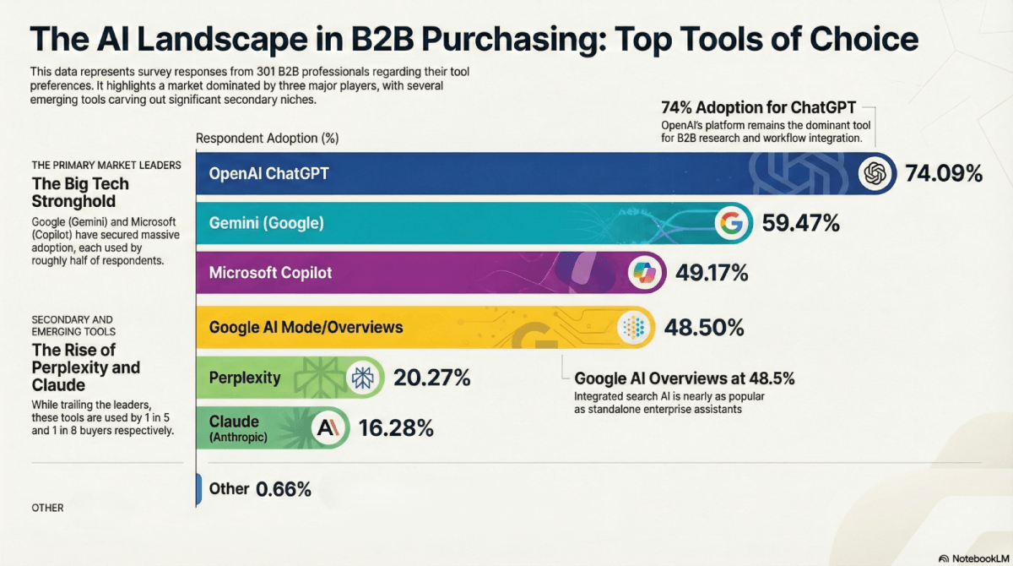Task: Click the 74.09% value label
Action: click(x=944, y=174)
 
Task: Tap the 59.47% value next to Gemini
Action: click(x=800, y=224)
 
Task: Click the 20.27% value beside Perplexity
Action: click(x=431, y=378)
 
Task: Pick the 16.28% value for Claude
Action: click(x=396, y=427)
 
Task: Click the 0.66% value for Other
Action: click(x=284, y=489)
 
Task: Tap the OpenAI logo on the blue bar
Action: click(x=875, y=174)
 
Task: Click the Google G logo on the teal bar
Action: click(x=732, y=224)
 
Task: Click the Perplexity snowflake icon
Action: click(x=363, y=378)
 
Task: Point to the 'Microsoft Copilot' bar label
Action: click(x=270, y=273)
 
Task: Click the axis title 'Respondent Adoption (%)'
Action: click(x=267, y=138)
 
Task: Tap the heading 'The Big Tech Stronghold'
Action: click(x=80, y=193)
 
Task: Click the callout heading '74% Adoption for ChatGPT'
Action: click(x=758, y=108)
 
